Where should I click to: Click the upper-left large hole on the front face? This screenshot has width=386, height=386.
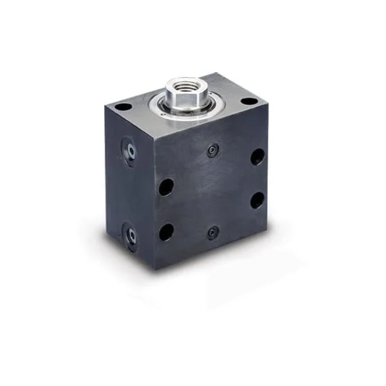coord(166,187)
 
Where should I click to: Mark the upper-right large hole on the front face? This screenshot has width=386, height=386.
coord(257,156)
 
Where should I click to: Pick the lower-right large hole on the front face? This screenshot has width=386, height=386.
coord(257,199)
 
